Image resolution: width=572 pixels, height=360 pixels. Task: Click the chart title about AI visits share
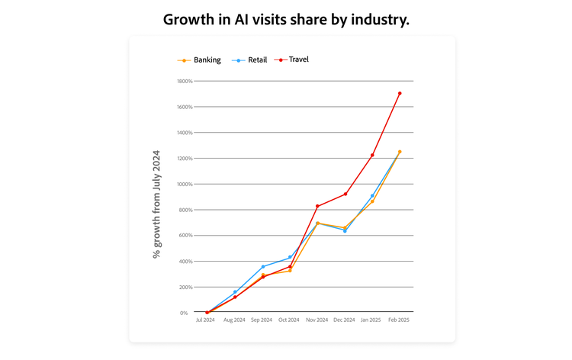coord(286,20)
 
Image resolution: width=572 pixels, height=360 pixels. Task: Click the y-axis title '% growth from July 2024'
coord(157,204)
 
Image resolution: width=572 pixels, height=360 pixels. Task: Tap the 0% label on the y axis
coord(184,313)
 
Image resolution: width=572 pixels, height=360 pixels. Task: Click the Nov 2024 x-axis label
coord(317,320)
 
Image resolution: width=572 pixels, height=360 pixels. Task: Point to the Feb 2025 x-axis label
coord(400,320)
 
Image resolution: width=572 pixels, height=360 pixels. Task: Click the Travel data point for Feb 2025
coord(400,94)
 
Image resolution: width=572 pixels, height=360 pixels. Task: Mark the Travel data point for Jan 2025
coord(372,156)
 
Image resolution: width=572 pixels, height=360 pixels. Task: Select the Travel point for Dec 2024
coord(345,194)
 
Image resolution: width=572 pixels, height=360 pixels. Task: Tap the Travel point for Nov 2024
coord(317,206)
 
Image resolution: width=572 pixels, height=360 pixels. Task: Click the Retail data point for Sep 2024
coord(262,267)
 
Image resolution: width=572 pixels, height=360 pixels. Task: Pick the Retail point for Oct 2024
coord(290,257)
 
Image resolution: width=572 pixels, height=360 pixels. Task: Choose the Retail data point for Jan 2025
coord(372,196)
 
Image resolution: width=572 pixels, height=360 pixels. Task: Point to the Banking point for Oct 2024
coord(290,270)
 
